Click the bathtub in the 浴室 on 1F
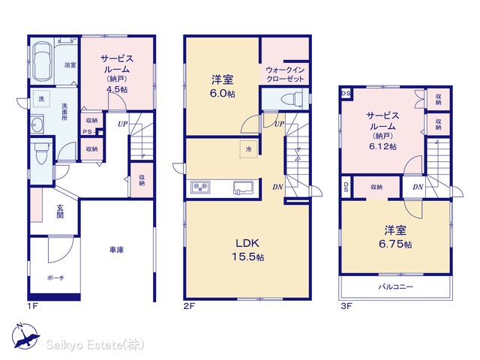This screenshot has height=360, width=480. point(41,61)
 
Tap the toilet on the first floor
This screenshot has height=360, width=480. point(41,152)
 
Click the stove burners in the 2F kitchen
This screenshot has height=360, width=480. point(200,187)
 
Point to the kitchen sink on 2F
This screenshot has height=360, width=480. point(243,187)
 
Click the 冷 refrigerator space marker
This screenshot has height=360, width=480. point(248,149)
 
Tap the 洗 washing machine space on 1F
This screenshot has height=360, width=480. point(41,98)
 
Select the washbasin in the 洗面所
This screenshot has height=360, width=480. point(37,124)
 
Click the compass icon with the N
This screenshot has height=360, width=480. point(25,337)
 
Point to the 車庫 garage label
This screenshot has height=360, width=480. point(117,250)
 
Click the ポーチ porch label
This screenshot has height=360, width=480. point(55,278)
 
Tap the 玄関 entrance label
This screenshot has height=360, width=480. point(60,211)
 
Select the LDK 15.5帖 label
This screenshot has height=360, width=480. point(247,250)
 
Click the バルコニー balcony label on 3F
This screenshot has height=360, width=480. point(396,286)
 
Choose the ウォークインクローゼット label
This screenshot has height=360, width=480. point(285,74)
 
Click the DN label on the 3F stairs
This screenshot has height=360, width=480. point(418,187)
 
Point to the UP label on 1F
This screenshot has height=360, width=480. point(122,124)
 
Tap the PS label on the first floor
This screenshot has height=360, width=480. point(88,132)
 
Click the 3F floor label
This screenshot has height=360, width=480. point(346,306)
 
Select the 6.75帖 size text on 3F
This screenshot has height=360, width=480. point(395,244)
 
